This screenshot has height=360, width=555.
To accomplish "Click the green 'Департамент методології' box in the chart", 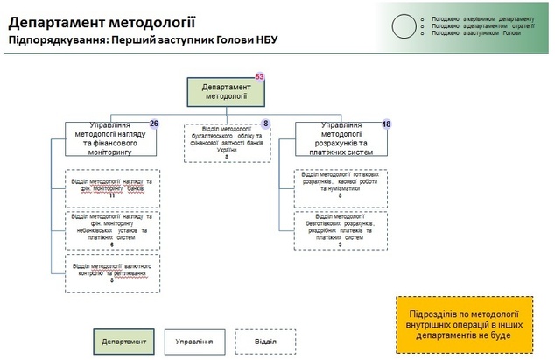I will coord(224,93).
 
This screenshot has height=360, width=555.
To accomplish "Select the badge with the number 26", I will coord(154,124).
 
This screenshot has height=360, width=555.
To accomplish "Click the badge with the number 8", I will coord(266,124).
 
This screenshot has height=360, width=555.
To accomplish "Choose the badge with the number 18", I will coord(386,124).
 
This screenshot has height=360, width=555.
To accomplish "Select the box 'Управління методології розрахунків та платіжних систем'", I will coord(340,142).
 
